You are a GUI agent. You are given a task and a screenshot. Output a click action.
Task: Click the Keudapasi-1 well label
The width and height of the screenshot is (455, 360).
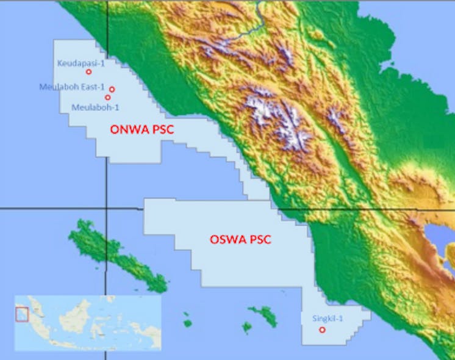click(x=77, y=63)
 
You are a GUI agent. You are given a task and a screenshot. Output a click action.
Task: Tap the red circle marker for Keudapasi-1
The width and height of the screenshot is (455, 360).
click(x=89, y=72)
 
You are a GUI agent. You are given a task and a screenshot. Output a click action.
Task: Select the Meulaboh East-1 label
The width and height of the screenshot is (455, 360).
click(x=72, y=87)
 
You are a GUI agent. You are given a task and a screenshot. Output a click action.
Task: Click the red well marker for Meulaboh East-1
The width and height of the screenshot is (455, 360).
click(x=112, y=90)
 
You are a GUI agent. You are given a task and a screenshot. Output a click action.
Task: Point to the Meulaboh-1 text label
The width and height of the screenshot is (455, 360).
click(x=95, y=108)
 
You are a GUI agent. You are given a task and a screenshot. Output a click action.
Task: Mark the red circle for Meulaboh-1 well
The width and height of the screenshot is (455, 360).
click(x=108, y=98)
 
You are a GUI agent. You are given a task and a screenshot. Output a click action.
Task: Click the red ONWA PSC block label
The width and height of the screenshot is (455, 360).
click(x=138, y=129)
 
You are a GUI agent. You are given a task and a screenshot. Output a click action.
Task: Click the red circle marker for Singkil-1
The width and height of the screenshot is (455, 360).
click(x=322, y=330)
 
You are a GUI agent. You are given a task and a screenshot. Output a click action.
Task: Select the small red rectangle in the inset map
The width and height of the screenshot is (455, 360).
click(x=22, y=314)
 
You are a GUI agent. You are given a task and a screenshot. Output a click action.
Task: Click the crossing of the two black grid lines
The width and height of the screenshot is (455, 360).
click(x=106, y=208)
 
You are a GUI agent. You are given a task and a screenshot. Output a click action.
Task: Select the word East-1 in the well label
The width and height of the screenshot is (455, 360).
click(x=95, y=87)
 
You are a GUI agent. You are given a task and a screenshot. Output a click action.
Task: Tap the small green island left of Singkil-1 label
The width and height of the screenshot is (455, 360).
click(x=263, y=315)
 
